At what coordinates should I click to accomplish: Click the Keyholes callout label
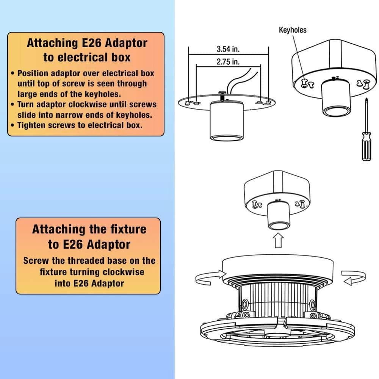coord(293,30)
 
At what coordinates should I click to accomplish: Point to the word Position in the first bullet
coord(34,73)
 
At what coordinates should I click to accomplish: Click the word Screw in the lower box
coord(35,261)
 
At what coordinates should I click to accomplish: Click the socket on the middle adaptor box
coord(278,218)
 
